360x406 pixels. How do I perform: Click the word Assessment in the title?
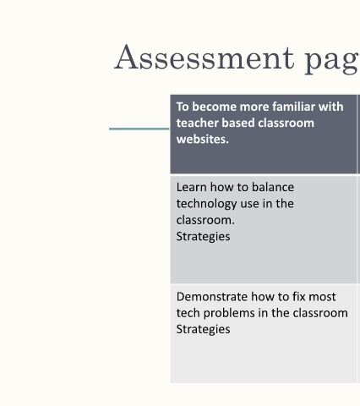coord(205,58)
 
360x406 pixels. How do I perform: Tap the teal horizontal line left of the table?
coord(139,129)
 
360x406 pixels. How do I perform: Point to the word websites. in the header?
coord(203,139)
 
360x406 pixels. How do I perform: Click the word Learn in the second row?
coord(192,187)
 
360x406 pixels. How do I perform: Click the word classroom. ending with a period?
coord(205,220)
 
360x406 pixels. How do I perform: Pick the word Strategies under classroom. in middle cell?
coord(203,237)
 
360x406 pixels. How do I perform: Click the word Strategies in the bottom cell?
coord(203,330)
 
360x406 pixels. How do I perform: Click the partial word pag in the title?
coord(332,60)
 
